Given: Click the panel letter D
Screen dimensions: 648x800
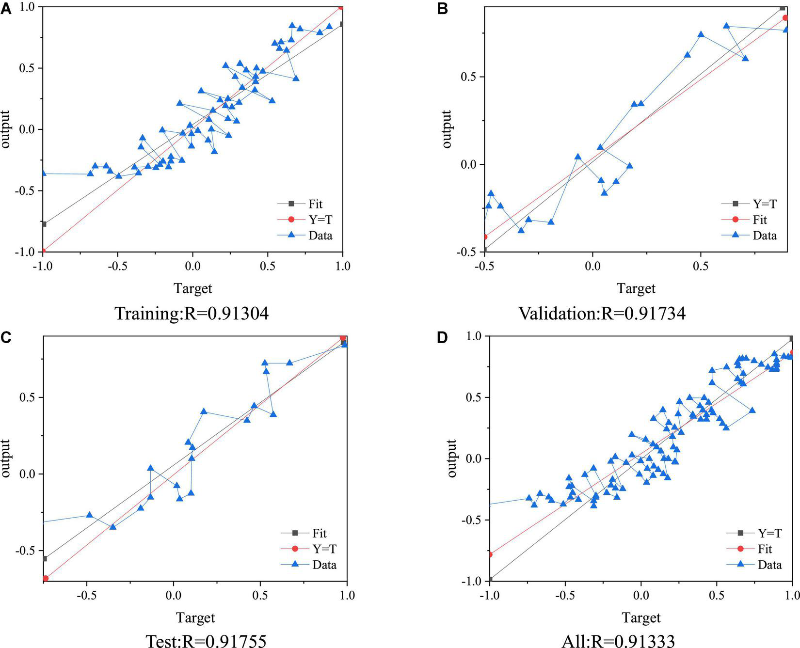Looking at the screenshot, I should coord(442,337).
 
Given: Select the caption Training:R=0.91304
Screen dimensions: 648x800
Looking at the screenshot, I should coord(192,314).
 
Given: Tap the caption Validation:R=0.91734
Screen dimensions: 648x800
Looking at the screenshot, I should coord(602,314).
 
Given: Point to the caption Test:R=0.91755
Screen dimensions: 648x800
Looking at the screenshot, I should coord(206,641).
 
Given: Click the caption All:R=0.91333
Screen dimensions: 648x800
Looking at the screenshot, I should coord(618,641).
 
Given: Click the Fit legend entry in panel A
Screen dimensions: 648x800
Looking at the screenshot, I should coord(315,204).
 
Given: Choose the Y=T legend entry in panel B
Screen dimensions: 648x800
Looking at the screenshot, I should coord(764,204).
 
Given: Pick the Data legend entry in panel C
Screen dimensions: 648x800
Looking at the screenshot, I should coord(324,565).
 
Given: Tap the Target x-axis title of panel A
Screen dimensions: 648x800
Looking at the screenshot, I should coord(193,288).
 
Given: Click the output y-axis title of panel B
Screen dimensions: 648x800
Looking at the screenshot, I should coord(447,129).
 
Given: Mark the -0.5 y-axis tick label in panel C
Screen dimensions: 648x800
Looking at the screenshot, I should coord(26,551).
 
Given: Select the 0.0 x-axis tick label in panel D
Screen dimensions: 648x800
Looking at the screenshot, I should coord(640,595).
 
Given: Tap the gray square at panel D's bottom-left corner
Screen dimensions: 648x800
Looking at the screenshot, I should coord(490,579).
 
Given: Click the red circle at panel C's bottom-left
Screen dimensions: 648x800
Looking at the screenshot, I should coord(46,578).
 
